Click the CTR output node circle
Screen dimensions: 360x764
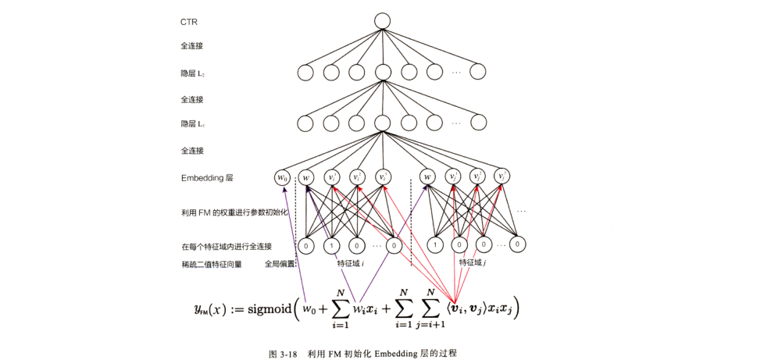pyautogui.click(x=382, y=21)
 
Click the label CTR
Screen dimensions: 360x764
pyautogui.click(x=188, y=22)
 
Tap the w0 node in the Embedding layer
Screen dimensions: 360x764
pyautogui.click(x=282, y=178)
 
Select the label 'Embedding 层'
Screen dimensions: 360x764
pyautogui.click(x=207, y=178)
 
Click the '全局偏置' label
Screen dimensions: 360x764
pyautogui.click(x=280, y=264)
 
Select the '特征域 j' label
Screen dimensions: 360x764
pyautogui.click(x=473, y=264)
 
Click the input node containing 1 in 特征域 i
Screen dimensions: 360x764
pyautogui.click(x=331, y=244)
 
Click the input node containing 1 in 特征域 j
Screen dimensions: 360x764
pyautogui.click(x=435, y=244)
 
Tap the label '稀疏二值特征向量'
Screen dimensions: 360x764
pyautogui.click(x=211, y=264)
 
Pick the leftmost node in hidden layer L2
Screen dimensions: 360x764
pyautogui.click(x=306, y=73)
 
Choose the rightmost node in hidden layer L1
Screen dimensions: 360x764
pyautogui.click(x=477, y=123)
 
